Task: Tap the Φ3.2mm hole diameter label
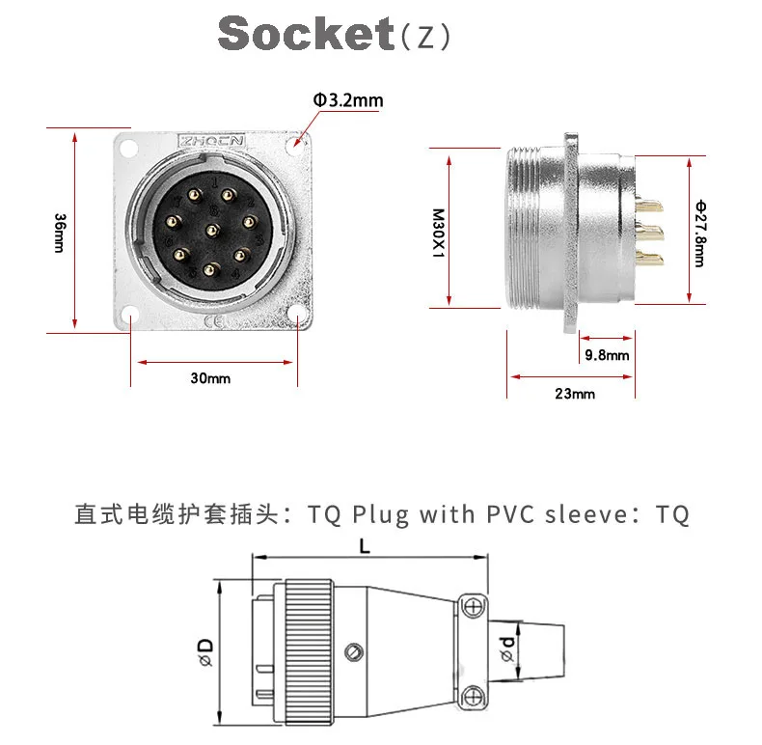[347, 100]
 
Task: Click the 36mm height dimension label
[59, 230]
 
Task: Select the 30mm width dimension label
[210, 377]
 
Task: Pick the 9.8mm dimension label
[607, 355]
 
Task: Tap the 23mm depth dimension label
[575, 393]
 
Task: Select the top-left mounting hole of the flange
[124, 145]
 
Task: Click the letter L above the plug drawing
[365, 544]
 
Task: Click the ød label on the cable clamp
[506, 646]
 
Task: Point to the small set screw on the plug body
[356, 652]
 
